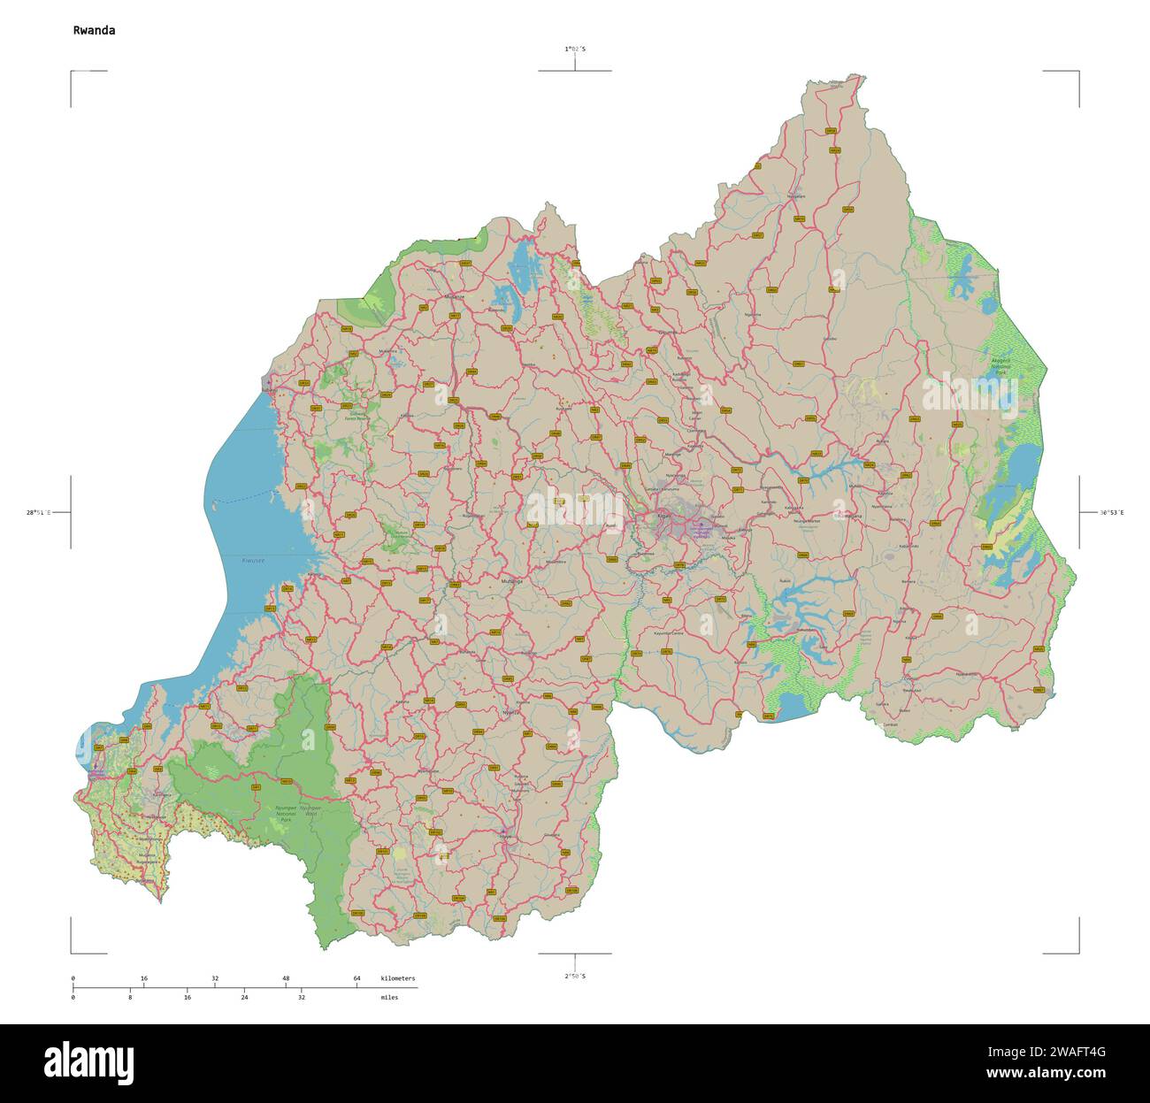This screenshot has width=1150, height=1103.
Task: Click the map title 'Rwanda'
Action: pos(94,30)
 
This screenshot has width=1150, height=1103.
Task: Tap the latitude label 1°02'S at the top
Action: pos(575,50)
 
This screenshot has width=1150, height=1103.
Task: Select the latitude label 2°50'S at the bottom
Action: pos(575,976)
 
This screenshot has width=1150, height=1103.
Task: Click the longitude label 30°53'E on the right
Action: pos(1111,512)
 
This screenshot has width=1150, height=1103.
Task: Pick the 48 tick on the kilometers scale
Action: pos(286,978)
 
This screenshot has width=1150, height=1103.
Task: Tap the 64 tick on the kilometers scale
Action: pos(356,978)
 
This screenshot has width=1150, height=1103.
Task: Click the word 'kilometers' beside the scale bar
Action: pos(397,978)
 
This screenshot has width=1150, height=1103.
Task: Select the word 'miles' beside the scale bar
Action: pos(389,997)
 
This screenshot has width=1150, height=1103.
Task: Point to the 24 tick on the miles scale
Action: pos(244,997)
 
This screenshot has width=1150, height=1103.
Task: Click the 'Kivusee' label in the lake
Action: pos(253,561)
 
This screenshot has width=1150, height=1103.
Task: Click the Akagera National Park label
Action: pos(1000,364)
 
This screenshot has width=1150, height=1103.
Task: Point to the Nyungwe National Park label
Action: pos(285,814)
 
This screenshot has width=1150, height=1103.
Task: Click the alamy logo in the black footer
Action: pos(88,1061)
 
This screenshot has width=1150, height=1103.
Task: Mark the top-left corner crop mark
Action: pos(73,73)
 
